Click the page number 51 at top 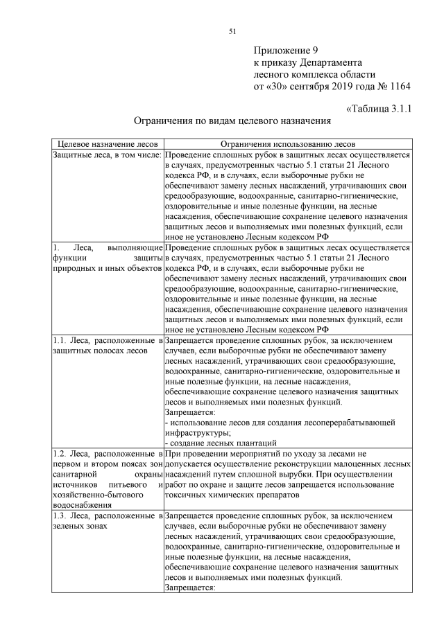[x=232, y=30]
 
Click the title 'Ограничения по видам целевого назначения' [x=232, y=121]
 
